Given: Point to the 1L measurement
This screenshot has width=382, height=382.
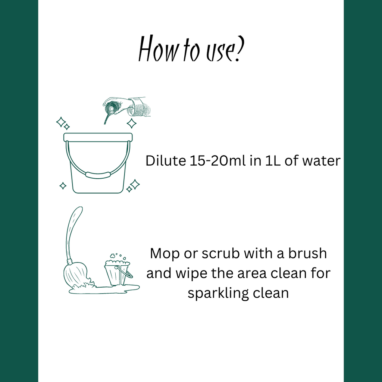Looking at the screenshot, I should (264, 161).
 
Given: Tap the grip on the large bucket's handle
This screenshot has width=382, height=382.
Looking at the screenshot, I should (98, 174).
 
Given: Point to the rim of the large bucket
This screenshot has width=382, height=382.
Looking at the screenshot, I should (98, 137).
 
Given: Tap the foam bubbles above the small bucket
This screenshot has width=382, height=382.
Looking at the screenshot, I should (117, 260).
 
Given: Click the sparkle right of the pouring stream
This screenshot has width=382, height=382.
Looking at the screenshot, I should (131, 123).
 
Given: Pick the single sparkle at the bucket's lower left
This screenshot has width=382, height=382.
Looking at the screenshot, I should (63, 185).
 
